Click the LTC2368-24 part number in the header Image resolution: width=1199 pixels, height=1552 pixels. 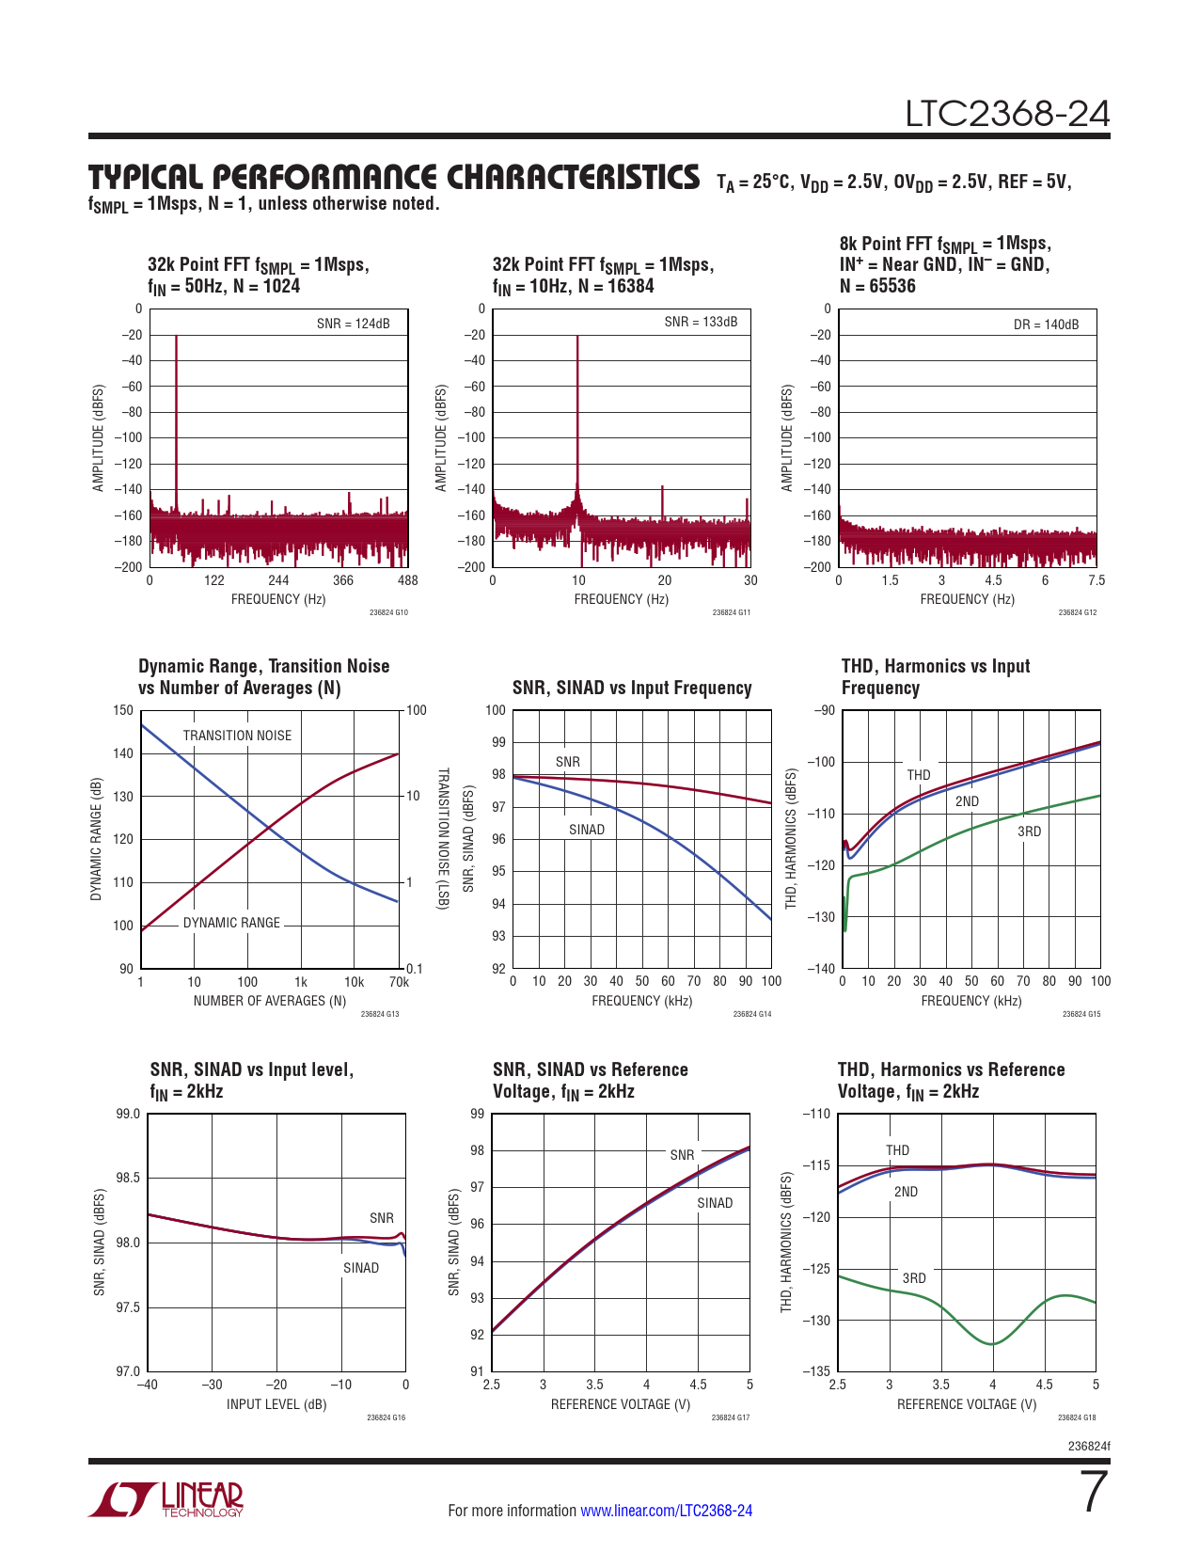tap(1007, 114)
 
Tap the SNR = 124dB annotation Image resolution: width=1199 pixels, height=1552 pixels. tap(353, 324)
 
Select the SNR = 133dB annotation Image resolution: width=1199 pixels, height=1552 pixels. tap(701, 322)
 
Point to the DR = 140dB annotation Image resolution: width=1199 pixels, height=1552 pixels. tap(1046, 325)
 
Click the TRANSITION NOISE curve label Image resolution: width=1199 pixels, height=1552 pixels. tap(237, 736)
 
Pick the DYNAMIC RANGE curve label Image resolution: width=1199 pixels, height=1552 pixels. tap(231, 923)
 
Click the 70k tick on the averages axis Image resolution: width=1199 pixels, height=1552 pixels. tap(399, 982)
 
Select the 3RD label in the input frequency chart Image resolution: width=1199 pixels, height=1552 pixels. tap(1029, 831)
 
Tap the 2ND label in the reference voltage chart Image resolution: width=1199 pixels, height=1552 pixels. tap(906, 1192)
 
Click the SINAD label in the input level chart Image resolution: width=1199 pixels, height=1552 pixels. tap(361, 1268)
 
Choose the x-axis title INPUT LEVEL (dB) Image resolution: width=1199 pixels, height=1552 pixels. tap(276, 1404)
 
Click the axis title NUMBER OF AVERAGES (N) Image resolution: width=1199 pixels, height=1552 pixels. tap(270, 1001)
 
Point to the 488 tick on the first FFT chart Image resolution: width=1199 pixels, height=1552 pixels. tap(408, 580)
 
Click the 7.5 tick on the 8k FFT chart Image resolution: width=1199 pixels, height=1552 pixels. tap(1096, 580)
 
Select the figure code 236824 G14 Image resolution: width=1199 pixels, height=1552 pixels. tap(751, 1014)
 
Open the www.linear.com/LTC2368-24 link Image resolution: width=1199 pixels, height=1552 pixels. tap(666, 1511)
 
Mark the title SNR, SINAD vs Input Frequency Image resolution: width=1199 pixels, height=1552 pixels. tap(632, 689)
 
